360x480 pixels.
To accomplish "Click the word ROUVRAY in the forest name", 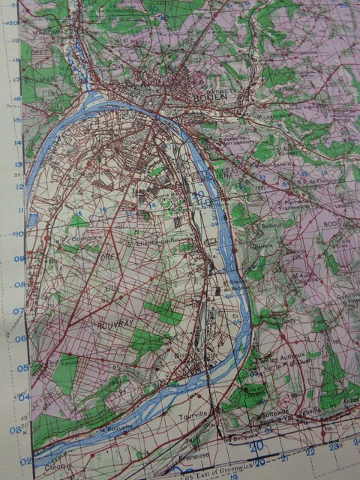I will coord(111,325).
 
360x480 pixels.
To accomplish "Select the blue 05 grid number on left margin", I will coord(16,367).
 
